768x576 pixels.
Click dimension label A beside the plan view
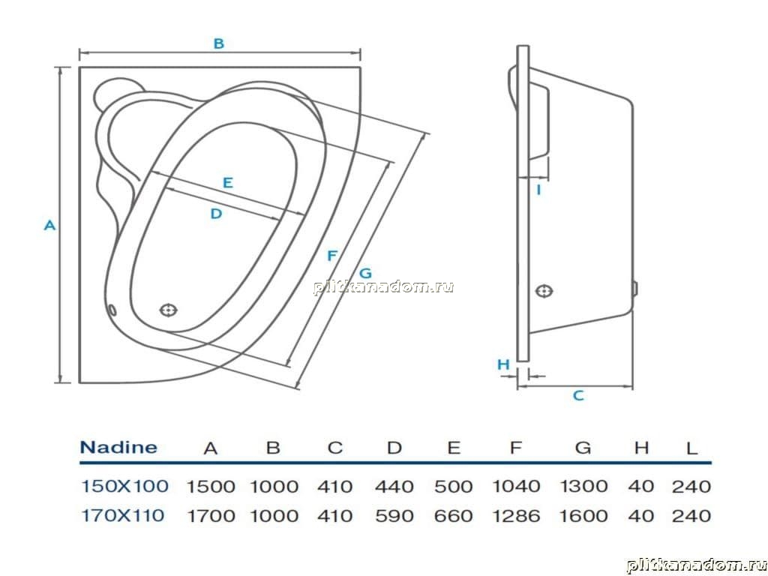pos(50,225)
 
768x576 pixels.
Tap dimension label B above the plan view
pos(219,43)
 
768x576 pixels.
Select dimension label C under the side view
pos(578,395)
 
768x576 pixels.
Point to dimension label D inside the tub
pos(217,214)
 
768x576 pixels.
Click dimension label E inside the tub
pos(228,183)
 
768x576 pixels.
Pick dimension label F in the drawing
pos(332,256)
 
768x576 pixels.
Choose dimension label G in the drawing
pos(365,273)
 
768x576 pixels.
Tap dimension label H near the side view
pos(503,364)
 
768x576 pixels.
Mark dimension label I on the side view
pos(538,190)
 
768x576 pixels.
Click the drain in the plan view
pos(169,310)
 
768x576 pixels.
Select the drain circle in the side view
pos(544,292)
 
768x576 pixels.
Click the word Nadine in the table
pos(118,447)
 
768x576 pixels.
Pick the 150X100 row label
pos(124,486)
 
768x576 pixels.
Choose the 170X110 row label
pos(122,515)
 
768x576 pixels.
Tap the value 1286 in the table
pos(517,516)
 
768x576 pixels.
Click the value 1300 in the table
pos(583,486)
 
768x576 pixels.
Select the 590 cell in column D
pos(394,516)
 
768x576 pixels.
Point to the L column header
pos(691,448)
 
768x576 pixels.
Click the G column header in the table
pos(583,448)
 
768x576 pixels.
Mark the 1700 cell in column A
pos(211,516)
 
